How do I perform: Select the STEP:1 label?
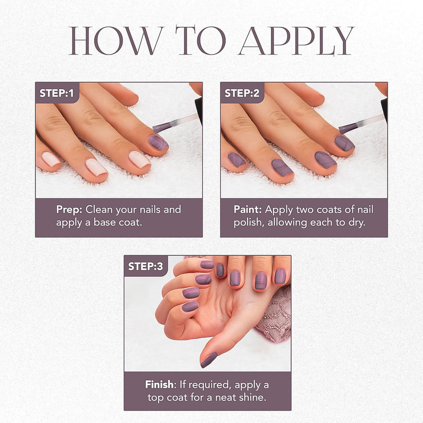click(x=57, y=93)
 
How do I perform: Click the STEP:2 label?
click(x=242, y=93)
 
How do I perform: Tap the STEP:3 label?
click(x=145, y=266)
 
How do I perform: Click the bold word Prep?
click(x=69, y=209)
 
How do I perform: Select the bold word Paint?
click(x=248, y=209)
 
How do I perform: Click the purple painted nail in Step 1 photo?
click(x=158, y=143)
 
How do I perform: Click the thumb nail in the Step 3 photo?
click(x=209, y=360)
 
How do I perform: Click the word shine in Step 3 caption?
click(x=251, y=398)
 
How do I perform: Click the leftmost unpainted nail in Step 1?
click(x=51, y=159)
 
